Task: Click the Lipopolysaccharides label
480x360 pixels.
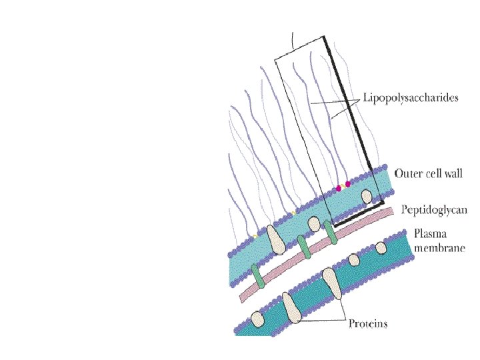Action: coord(411,99)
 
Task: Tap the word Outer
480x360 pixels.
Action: coord(407,173)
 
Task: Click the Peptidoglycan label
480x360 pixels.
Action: coord(434,210)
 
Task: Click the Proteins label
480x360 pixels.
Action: coord(368,325)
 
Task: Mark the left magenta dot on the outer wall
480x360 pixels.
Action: coord(339,189)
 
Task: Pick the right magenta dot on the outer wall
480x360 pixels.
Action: coord(348,184)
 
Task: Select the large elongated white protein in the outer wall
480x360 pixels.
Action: coord(275,240)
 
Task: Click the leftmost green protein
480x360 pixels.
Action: coord(258,274)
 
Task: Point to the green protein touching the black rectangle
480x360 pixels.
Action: coord(330,231)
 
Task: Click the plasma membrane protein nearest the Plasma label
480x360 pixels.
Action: coord(381,248)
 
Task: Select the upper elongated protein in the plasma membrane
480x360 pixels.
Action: coord(330,281)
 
